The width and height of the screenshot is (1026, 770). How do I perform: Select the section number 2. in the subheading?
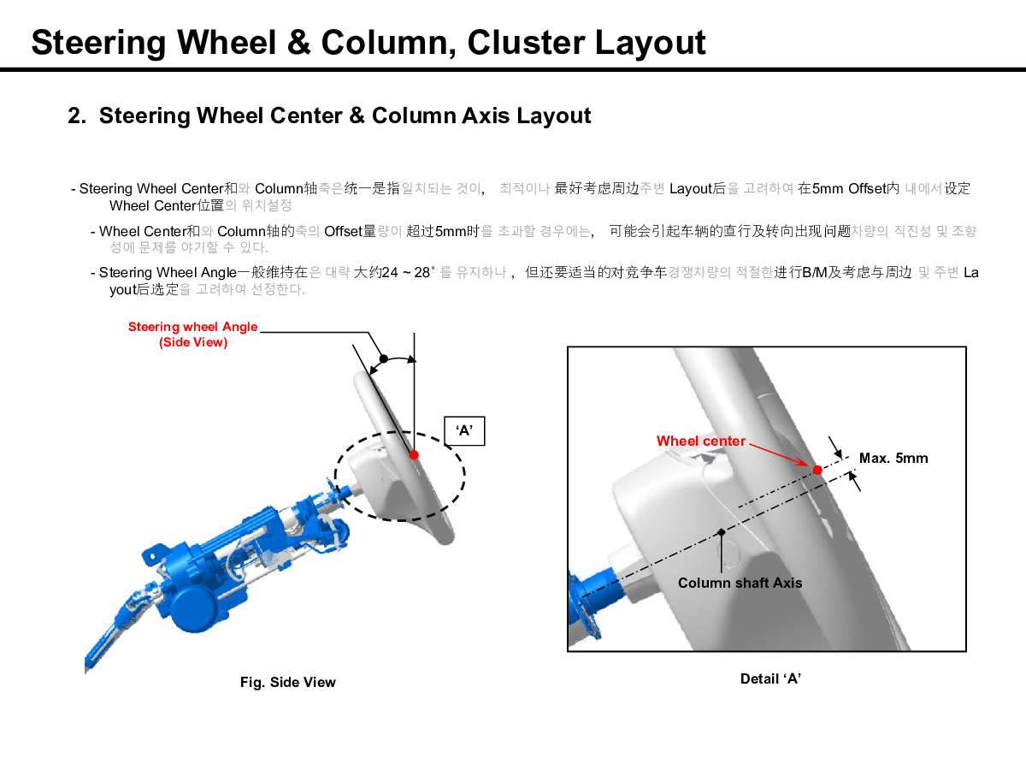tap(78, 115)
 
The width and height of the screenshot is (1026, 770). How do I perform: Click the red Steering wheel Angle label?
tap(192, 327)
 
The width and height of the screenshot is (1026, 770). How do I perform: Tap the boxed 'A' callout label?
tap(464, 431)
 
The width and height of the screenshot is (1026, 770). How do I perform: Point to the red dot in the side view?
tap(414, 455)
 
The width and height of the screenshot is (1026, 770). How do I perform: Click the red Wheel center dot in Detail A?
tap(817, 470)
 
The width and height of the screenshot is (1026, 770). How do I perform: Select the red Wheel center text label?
tap(700, 441)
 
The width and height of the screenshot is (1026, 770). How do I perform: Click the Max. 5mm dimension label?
tap(893, 459)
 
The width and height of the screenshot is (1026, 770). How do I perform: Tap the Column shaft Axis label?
tap(740, 583)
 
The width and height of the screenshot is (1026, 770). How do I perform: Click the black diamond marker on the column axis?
tap(722, 533)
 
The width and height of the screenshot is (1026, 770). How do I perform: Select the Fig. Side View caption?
tap(287, 683)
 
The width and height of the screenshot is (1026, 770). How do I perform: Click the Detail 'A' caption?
tap(770, 679)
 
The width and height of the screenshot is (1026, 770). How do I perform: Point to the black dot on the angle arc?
tap(384, 358)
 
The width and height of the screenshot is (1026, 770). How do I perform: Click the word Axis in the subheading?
tap(486, 115)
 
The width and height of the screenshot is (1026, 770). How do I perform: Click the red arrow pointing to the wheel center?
tap(778, 454)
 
